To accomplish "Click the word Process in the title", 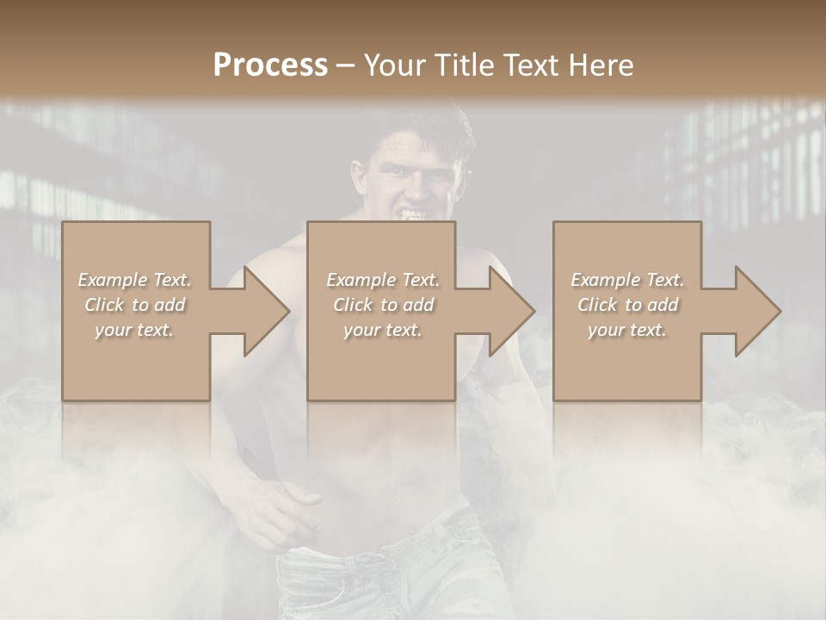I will pyautogui.click(x=270, y=65).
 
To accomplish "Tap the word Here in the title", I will pyautogui.click(x=601, y=65).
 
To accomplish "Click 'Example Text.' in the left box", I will pyautogui.click(x=134, y=280).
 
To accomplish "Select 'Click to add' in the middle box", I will pyautogui.click(x=383, y=305).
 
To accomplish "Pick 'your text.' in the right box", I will pyautogui.click(x=627, y=330).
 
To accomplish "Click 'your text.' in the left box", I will pyautogui.click(x=134, y=330).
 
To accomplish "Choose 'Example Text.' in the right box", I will pyautogui.click(x=627, y=280).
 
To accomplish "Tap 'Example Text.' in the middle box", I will pyautogui.click(x=383, y=280).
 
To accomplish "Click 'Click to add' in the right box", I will pyautogui.click(x=627, y=305).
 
